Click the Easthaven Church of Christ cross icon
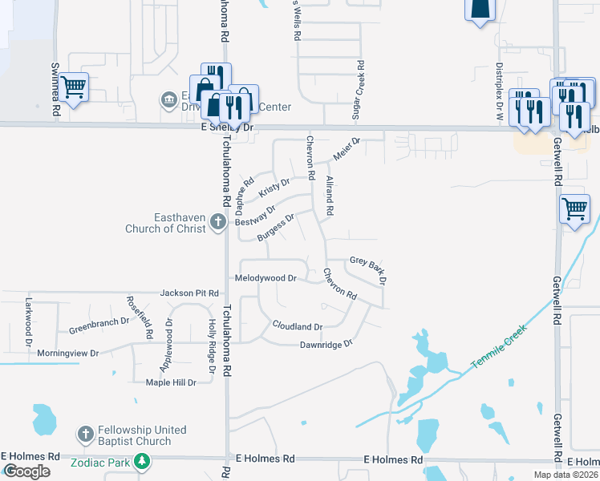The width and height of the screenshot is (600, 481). pyautogui.click(x=217, y=222)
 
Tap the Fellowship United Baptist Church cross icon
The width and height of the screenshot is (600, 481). pyautogui.click(x=86, y=435)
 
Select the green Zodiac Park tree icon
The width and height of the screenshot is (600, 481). pyautogui.click(x=142, y=461)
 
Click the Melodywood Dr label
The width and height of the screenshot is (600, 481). pyautogui.click(x=266, y=278)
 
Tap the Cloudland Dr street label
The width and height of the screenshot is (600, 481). pyautogui.click(x=297, y=326)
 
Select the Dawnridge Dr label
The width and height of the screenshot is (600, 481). pyautogui.click(x=326, y=344)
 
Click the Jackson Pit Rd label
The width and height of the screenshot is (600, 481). pyautogui.click(x=189, y=293)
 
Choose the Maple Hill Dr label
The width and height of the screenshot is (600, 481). pyautogui.click(x=171, y=382)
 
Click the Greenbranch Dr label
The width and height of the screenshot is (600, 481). pyautogui.click(x=99, y=325)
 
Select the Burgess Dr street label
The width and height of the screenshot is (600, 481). pyautogui.click(x=276, y=227)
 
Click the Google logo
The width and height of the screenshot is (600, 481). pyautogui.click(x=26, y=471)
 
